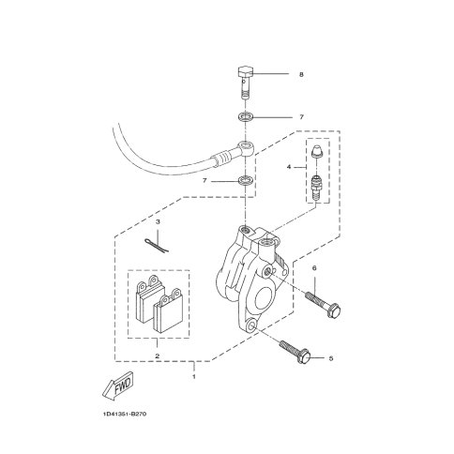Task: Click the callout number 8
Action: [301, 74]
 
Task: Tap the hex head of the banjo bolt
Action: [246, 73]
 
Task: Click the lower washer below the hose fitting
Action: [246, 181]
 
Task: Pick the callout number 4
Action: [289, 167]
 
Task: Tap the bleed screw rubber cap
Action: [317, 153]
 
